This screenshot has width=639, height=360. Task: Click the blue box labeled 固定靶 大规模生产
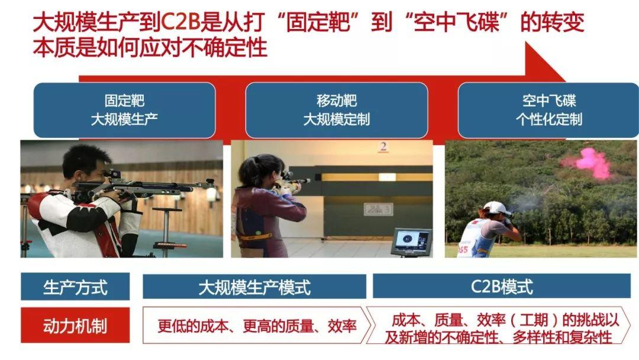(x=124, y=111)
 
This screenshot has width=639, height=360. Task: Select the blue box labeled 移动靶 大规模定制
(x=337, y=111)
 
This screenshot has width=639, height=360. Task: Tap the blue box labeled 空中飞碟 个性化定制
(x=548, y=111)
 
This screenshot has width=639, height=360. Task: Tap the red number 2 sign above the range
(x=383, y=147)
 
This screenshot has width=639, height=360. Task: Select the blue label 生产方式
(x=75, y=287)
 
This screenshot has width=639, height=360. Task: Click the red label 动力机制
(x=75, y=325)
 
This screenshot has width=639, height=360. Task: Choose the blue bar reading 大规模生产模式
(x=254, y=287)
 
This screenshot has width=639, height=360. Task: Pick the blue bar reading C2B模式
(x=502, y=286)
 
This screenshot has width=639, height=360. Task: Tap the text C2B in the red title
(x=181, y=22)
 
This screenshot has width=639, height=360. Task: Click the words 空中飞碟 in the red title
(x=456, y=22)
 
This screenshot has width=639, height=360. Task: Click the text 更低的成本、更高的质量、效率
(x=257, y=326)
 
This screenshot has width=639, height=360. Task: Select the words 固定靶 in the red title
(x=318, y=22)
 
